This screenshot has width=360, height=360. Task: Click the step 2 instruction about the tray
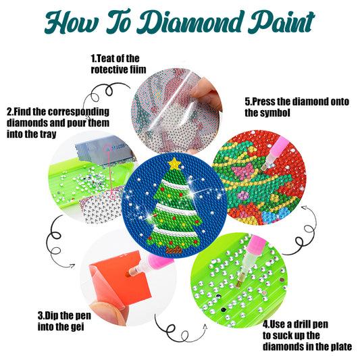[57, 122]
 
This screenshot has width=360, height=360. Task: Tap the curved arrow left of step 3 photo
[53, 240]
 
